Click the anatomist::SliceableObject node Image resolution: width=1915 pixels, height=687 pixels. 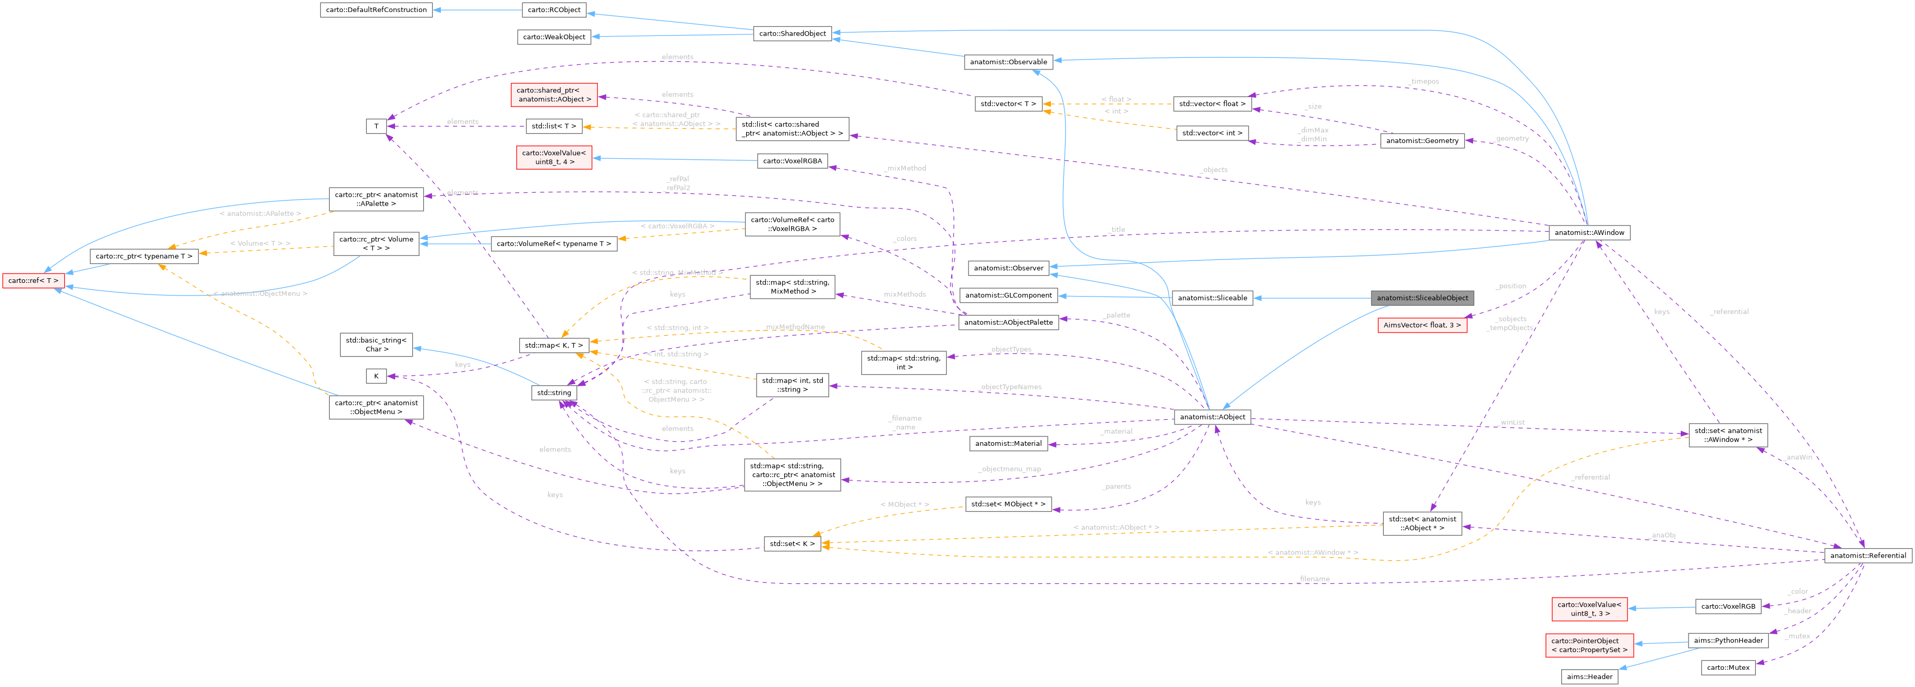tap(1421, 298)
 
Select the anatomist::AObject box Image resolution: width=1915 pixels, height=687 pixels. tap(1212, 417)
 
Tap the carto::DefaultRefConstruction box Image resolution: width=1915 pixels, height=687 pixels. tap(376, 10)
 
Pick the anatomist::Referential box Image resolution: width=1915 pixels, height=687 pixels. tap(1868, 555)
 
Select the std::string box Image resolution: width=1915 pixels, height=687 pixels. tap(554, 393)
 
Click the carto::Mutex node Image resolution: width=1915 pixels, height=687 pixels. tap(1728, 668)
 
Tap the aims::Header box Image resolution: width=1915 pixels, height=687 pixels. tap(1589, 677)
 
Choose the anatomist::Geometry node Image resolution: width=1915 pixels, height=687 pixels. tap(1421, 140)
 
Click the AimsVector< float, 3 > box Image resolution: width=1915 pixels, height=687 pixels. tap(1421, 325)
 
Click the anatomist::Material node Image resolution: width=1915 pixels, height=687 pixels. tap(1008, 444)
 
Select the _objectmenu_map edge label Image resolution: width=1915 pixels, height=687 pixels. tap(1010, 469)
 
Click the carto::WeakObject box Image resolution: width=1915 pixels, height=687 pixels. tap(554, 37)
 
